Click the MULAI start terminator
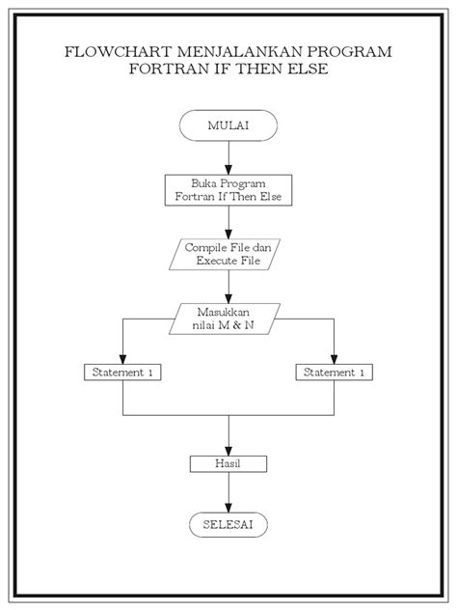coord(228,125)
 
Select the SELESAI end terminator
coord(228,524)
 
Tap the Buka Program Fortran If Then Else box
coord(228,189)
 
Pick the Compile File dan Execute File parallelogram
coord(228,254)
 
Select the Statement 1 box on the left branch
coord(122,372)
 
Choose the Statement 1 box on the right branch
coord(334,372)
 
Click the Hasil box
coord(228,464)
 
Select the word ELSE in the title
coord(310,70)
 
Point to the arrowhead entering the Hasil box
coord(228,451)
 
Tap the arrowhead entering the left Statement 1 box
coord(122,359)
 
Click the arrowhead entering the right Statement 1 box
coord(334,359)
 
